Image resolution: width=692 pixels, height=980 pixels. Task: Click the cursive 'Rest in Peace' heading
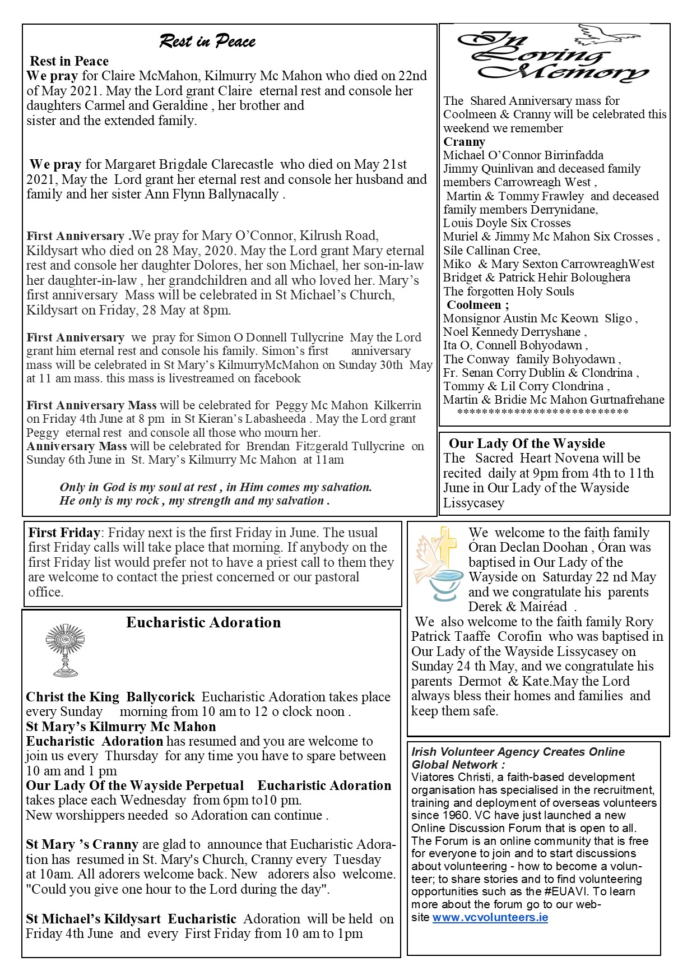pyautogui.click(x=207, y=41)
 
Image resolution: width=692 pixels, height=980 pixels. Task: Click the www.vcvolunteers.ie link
pyautogui.click(x=490, y=917)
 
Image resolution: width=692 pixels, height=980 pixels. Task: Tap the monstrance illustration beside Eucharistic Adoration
pyautogui.click(x=65, y=650)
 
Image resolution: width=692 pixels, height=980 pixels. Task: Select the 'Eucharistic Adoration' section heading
pyautogui.click(x=203, y=622)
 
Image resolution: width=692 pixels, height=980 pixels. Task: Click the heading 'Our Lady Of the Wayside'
pyautogui.click(x=527, y=443)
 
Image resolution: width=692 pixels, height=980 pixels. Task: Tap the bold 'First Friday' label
pyautogui.click(x=64, y=533)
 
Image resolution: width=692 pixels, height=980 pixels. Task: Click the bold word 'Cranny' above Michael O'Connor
pyautogui.click(x=464, y=141)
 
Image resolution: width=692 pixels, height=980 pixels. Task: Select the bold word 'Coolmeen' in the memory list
pyautogui.click(x=474, y=305)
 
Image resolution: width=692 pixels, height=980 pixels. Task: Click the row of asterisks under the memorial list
pyautogui.click(x=542, y=413)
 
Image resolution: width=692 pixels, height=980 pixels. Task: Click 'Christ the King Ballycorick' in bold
pyautogui.click(x=110, y=697)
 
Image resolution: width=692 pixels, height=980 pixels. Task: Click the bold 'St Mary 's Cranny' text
pyautogui.click(x=82, y=844)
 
